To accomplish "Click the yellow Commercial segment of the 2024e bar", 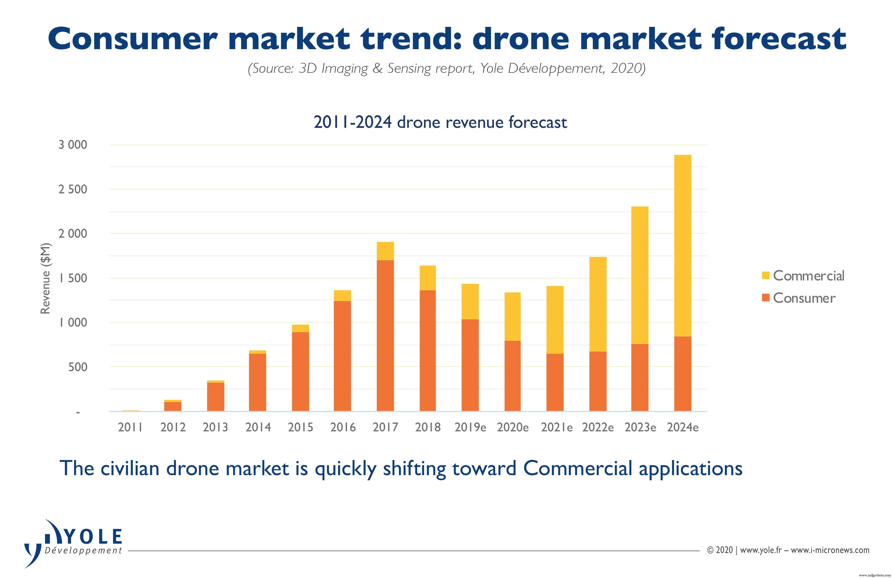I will point(682,245).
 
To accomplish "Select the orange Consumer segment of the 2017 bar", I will point(385,335).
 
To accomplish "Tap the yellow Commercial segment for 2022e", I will point(598,304).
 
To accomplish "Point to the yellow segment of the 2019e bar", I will point(470,301).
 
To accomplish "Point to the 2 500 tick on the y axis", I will point(72,189).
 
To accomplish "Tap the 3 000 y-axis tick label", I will point(72,145).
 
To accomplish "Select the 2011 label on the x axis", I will point(130,427).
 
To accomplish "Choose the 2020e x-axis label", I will point(513,427).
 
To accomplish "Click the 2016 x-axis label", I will point(343,427).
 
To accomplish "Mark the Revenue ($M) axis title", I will point(45,279).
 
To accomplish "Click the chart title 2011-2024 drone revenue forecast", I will point(440,122).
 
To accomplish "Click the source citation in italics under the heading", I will point(446,68).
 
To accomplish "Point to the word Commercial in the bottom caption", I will point(578,468).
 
